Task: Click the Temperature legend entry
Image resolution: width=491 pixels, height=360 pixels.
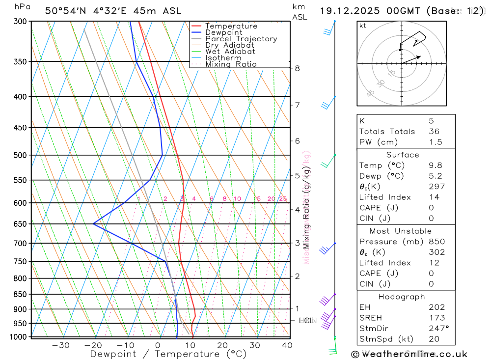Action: click(x=231, y=26)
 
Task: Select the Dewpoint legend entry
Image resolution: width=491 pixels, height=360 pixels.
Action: click(x=223, y=32)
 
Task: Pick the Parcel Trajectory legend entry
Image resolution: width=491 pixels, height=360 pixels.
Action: click(x=241, y=39)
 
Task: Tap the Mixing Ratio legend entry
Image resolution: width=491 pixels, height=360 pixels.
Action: click(x=231, y=64)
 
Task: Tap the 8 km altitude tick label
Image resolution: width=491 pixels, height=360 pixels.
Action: click(x=298, y=68)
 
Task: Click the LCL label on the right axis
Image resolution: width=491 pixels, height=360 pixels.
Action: click(x=306, y=321)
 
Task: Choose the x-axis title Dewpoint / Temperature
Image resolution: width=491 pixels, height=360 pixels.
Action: click(x=168, y=354)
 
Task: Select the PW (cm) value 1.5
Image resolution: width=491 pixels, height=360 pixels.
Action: click(x=435, y=142)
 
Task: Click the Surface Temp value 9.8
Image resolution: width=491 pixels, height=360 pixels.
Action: click(x=435, y=166)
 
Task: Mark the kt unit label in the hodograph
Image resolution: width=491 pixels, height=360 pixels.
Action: click(x=363, y=26)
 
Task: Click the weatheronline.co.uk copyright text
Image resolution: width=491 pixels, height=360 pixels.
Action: click(x=409, y=354)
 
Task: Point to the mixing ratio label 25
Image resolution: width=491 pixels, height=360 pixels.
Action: click(x=283, y=199)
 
